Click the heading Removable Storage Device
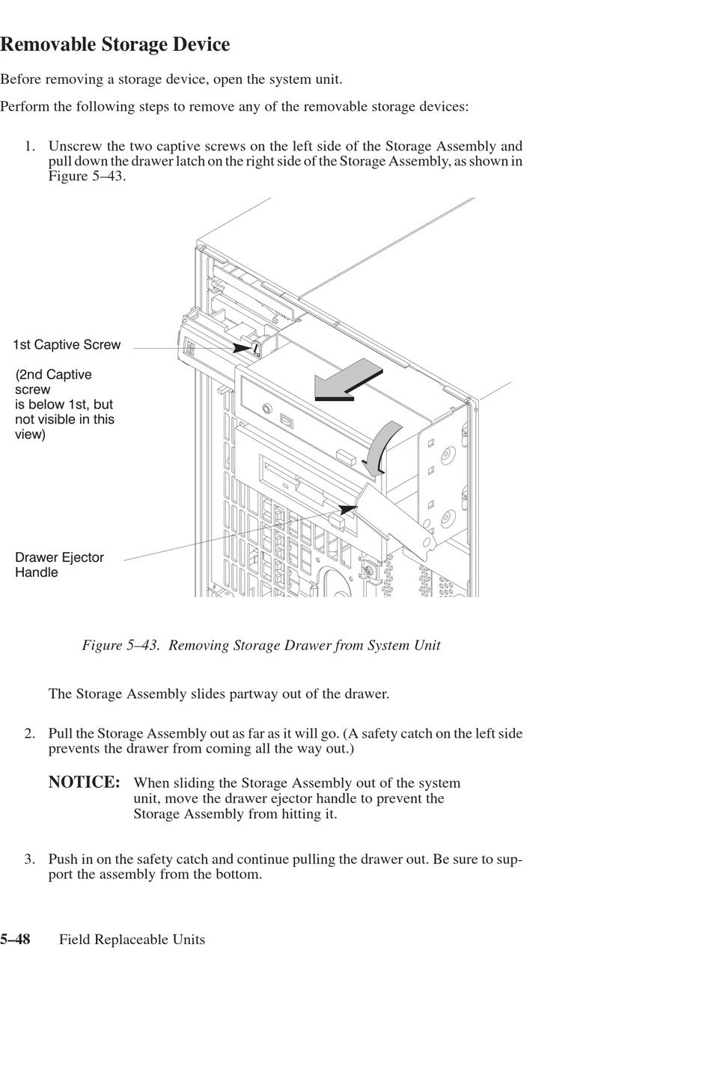point(115,45)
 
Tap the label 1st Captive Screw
point(67,345)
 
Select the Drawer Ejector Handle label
point(59,565)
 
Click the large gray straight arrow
point(349,379)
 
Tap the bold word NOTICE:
point(84,782)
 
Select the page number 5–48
point(16,940)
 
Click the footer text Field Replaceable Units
point(132,940)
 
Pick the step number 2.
point(29,733)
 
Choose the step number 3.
point(29,859)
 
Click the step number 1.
point(29,146)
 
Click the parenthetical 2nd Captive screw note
point(64,404)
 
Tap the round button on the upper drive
point(266,408)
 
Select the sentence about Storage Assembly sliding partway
point(219,693)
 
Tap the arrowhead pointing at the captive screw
point(243,348)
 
